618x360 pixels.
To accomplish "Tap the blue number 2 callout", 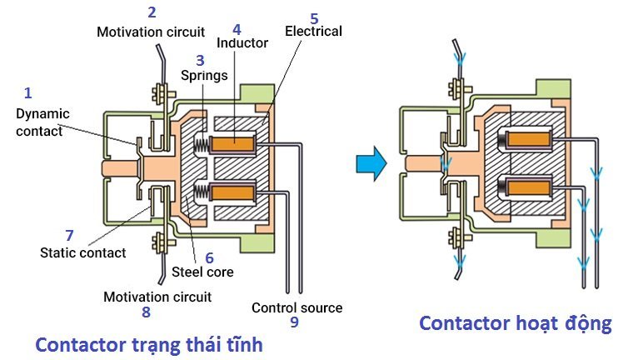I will pos(151,12).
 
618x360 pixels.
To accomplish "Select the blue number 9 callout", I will pos(294,322).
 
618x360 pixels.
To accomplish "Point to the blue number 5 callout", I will pos(313,17).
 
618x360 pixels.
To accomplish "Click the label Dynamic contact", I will pos(42,122).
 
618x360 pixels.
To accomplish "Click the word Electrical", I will pos(313,31).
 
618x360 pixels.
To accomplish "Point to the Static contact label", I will pos(82,252).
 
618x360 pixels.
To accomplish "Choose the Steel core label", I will pos(202,272).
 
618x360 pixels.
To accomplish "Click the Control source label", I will pos(297,307).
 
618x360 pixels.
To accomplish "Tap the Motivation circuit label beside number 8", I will pos(157,297).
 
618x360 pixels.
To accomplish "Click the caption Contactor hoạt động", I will pos(515,323).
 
